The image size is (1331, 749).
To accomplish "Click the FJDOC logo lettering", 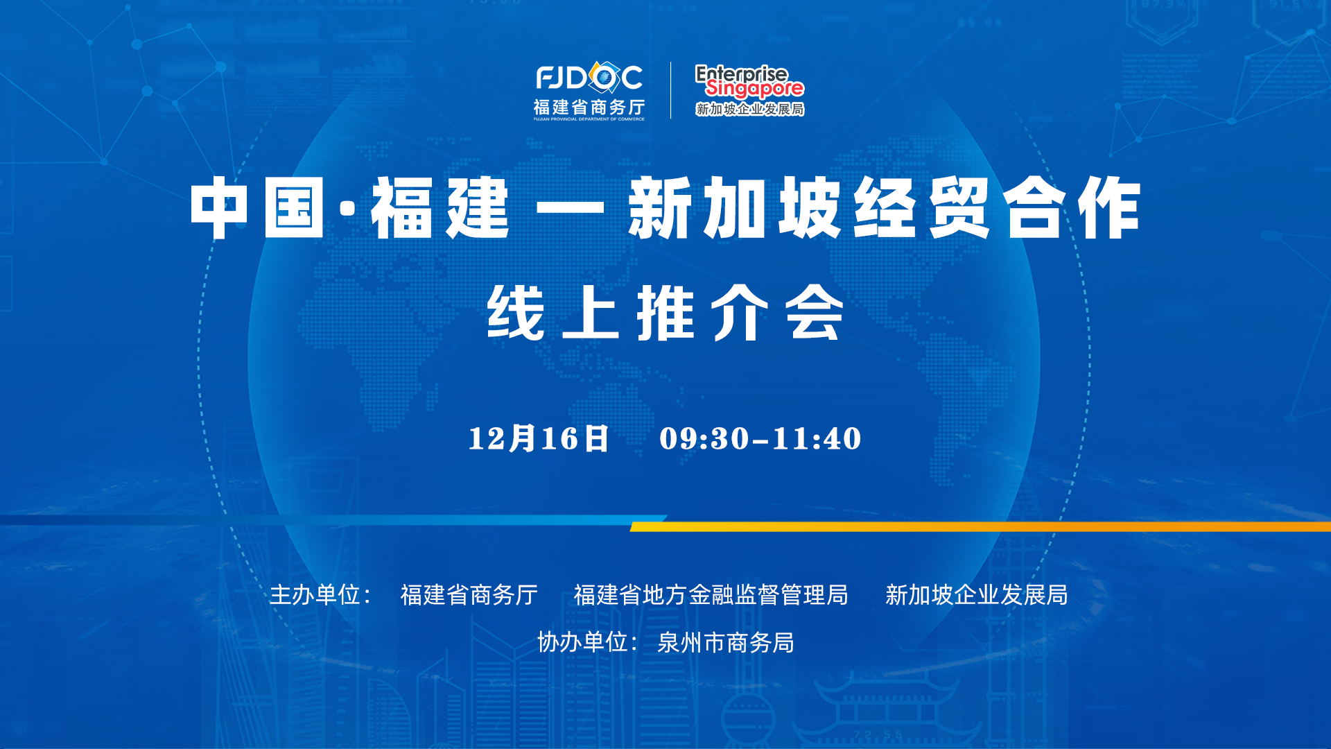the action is tap(589, 78).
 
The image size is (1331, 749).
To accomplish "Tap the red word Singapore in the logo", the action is tap(754, 88).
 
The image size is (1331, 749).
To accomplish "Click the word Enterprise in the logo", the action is tap(741, 73).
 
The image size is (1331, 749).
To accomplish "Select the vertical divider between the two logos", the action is tap(670, 90).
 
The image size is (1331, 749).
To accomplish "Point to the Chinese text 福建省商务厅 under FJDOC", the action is tap(589, 107).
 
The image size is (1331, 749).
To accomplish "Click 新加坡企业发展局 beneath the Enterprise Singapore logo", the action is tap(749, 109).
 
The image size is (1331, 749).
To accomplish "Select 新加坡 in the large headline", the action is tap(736, 207).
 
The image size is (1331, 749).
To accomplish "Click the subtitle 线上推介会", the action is tap(665, 313).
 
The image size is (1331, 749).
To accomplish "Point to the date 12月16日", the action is tap(539, 438).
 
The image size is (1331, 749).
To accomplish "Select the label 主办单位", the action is tap(315, 594).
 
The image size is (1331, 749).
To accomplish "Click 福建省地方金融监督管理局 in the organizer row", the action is tap(711, 594).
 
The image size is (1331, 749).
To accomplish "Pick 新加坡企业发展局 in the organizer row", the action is tap(977, 594).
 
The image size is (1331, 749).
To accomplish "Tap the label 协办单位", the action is tap(583, 642).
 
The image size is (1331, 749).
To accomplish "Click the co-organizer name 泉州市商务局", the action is tap(725, 642).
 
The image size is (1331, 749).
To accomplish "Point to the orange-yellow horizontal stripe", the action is tap(980, 527).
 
